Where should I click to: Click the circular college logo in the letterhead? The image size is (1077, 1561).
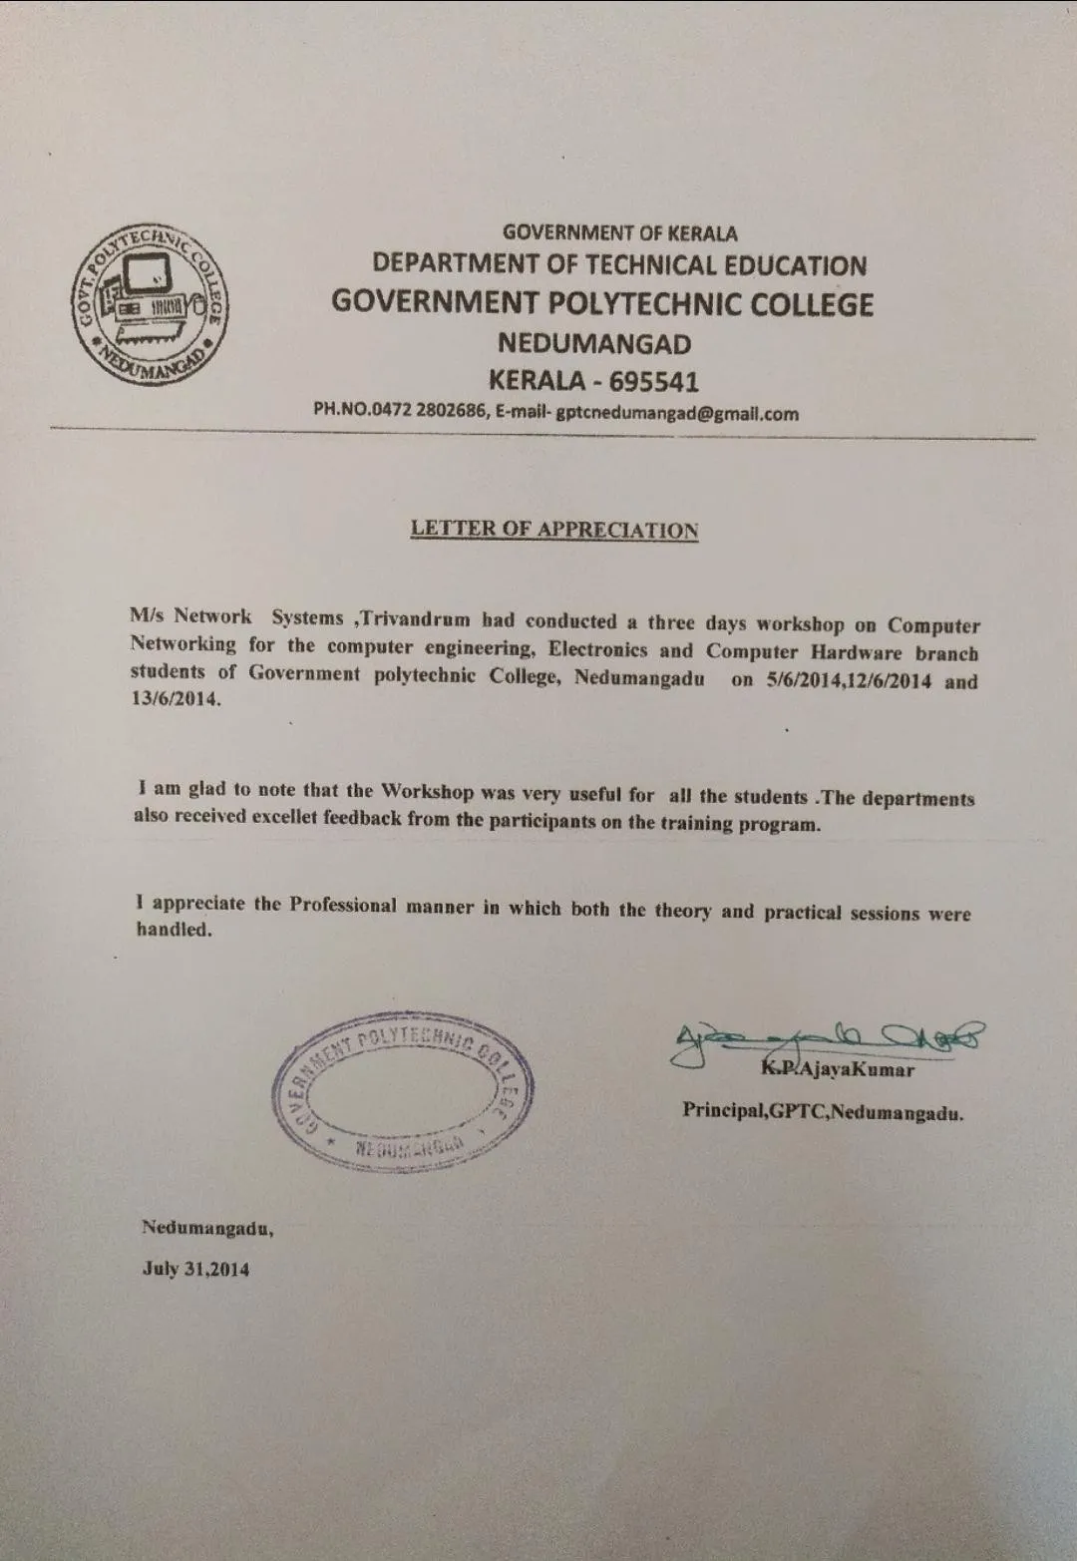(x=150, y=303)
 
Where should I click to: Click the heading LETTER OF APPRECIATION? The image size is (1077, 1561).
(x=554, y=529)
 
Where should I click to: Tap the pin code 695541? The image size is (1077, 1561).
(x=654, y=381)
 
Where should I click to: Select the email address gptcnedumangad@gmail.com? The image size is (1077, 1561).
(x=677, y=413)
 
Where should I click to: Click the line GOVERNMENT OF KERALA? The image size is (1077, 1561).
(x=619, y=232)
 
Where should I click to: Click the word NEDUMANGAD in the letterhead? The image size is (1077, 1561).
(x=594, y=343)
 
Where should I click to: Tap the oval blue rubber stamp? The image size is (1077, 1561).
(x=403, y=1092)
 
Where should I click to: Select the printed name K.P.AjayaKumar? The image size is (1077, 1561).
(x=838, y=1069)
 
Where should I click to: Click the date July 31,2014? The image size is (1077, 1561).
(x=195, y=1269)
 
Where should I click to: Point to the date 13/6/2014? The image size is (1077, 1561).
(x=175, y=698)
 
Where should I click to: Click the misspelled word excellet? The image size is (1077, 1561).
(x=284, y=817)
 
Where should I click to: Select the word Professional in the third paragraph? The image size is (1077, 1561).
(x=343, y=905)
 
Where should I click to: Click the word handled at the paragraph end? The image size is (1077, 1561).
(x=174, y=930)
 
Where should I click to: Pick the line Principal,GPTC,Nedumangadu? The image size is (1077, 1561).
(x=823, y=1111)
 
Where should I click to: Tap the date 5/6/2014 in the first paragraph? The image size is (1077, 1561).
(x=804, y=681)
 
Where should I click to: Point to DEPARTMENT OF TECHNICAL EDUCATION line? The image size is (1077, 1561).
(x=619, y=264)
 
